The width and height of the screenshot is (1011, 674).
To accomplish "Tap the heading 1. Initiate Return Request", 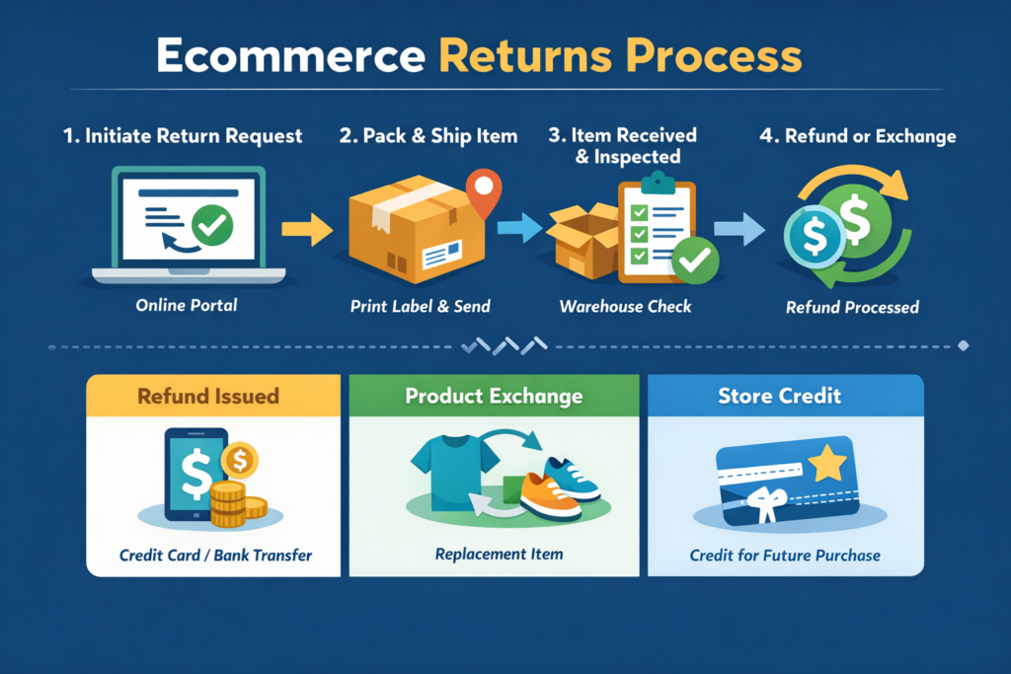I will pyautogui.click(x=183, y=136).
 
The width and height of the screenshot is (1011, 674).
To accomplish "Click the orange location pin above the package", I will pyautogui.click(x=482, y=190).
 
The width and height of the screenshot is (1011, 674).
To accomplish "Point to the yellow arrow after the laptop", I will pyautogui.click(x=306, y=230).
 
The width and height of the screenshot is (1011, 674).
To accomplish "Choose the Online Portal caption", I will pyautogui.click(x=187, y=305).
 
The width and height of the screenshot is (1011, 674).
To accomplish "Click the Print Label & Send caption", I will pyautogui.click(x=420, y=306).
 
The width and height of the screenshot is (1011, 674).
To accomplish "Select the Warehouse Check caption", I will pyautogui.click(x=626, y=306).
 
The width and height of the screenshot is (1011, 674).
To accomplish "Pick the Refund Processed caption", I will pyautogui.click(x=852, y=307).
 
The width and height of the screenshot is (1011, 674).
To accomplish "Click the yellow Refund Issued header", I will pyautogui.click(x=208, y=397).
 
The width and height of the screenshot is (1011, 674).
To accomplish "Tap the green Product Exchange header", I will pyautogui.click(x=494, y=397).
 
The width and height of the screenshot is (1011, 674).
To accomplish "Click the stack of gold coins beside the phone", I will pyautogui.click(x=229, y=502).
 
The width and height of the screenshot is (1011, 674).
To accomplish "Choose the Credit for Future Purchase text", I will pyautogui.click(x=785, y=556).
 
